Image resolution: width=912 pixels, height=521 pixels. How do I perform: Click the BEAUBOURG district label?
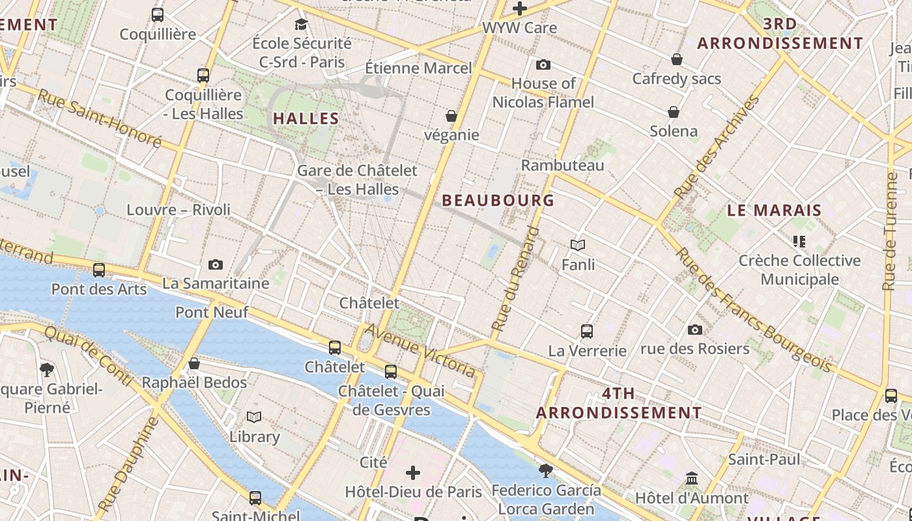(x=498, y=201)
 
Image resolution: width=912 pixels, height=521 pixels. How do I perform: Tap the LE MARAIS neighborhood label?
(x=774, y=210)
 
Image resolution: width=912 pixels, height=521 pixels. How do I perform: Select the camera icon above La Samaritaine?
(x=216, y=264)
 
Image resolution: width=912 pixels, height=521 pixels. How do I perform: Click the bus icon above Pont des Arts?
(x=99, y=270)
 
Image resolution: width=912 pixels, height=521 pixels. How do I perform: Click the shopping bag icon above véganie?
(x=451, y=117)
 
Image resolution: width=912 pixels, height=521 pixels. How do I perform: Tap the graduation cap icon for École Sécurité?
(x=301, y=25)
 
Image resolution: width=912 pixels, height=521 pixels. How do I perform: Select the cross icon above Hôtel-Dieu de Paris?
(x=413, y=472)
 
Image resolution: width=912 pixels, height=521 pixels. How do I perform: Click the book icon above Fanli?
(x=578, y=246)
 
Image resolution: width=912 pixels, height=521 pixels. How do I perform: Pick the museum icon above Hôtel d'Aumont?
(x=692, y=479)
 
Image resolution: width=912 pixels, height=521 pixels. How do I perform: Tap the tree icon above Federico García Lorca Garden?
(x=546, y=470)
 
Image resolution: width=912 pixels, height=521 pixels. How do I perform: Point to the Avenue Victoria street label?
(x=420, y=350)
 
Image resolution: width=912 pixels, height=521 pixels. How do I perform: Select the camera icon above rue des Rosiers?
(x=695, y=330)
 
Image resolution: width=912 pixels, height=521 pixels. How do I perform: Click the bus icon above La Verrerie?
(x=587, y=331)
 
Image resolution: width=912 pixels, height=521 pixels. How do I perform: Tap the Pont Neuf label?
(x=212, y=312)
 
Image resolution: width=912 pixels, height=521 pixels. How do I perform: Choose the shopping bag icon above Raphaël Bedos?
(x=194, y=363)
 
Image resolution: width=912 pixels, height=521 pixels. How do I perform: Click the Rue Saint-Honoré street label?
(x=99, y=117)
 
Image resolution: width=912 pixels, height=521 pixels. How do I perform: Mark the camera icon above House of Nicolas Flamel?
(x=543, y=64)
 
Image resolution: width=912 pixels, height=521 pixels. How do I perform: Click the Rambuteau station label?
(x=563, y=165)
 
